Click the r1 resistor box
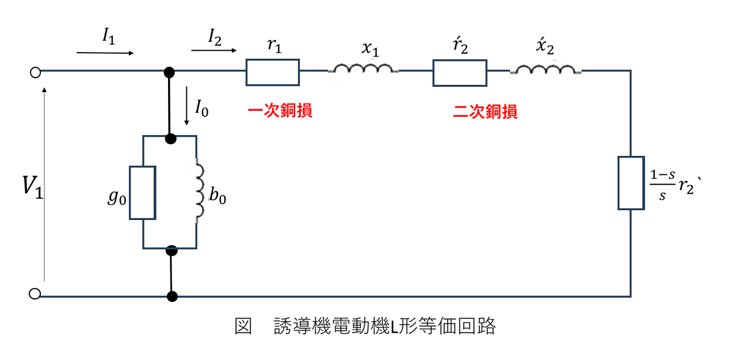tap(272, 72)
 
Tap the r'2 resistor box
tap(459, 72)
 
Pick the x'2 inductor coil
tap(545, 70)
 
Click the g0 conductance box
tap(142, 192)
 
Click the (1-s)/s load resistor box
tap(630, 183)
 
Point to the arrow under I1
tap(105, 53)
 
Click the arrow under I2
tap(214, 51)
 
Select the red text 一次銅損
tap(280, 111)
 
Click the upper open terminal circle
tap(35, 73)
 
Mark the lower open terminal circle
tap(35, 294)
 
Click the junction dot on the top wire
tap(170, 72)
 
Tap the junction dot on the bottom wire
tap(172, 296)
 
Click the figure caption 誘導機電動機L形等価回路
tap(385, 327)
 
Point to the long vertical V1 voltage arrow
tap(45, 183)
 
